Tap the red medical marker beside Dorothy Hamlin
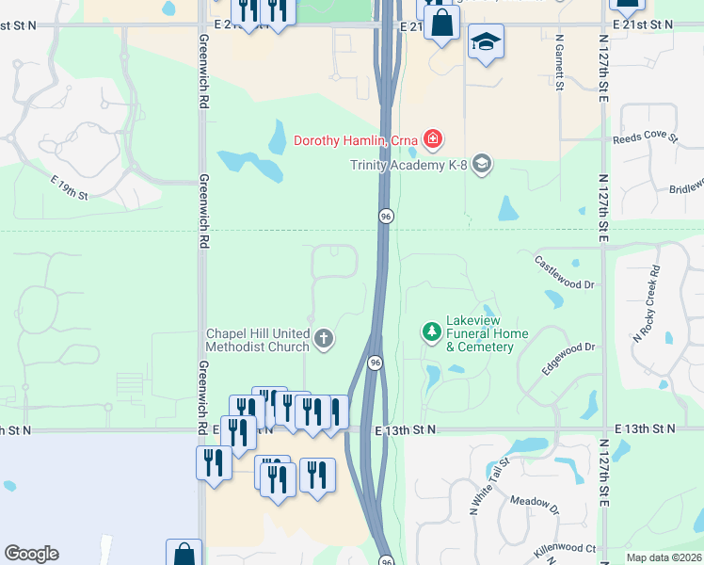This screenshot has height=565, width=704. click(x=432, y=141)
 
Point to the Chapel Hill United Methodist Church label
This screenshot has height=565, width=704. click(x=259, y=341)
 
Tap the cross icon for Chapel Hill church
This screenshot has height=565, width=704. click(x=324, y=338)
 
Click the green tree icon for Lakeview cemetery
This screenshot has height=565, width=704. click(x=432, y=331)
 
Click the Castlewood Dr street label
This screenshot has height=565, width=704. click(x=565, y=272)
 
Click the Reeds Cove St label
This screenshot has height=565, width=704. click(x=645, y=137)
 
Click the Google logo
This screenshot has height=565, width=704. click(x=31, y=554)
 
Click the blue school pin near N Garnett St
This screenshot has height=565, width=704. click(x=486, y=42)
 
